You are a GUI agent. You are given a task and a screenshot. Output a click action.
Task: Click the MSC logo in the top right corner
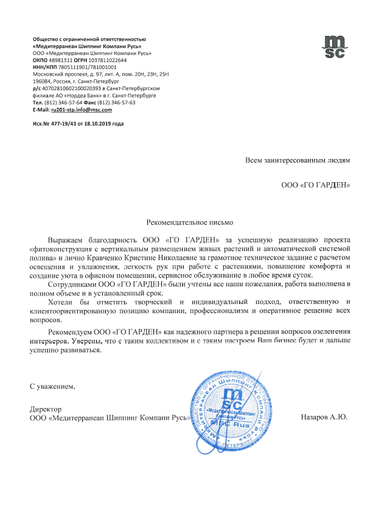[333, 46]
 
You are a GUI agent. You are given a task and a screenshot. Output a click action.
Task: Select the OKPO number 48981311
[61, 61]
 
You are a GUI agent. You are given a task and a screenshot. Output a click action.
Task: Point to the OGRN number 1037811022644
[108, 61]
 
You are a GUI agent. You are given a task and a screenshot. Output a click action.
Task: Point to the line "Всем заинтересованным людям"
[298, 161]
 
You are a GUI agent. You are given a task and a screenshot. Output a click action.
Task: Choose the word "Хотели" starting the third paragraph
[61, 302]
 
